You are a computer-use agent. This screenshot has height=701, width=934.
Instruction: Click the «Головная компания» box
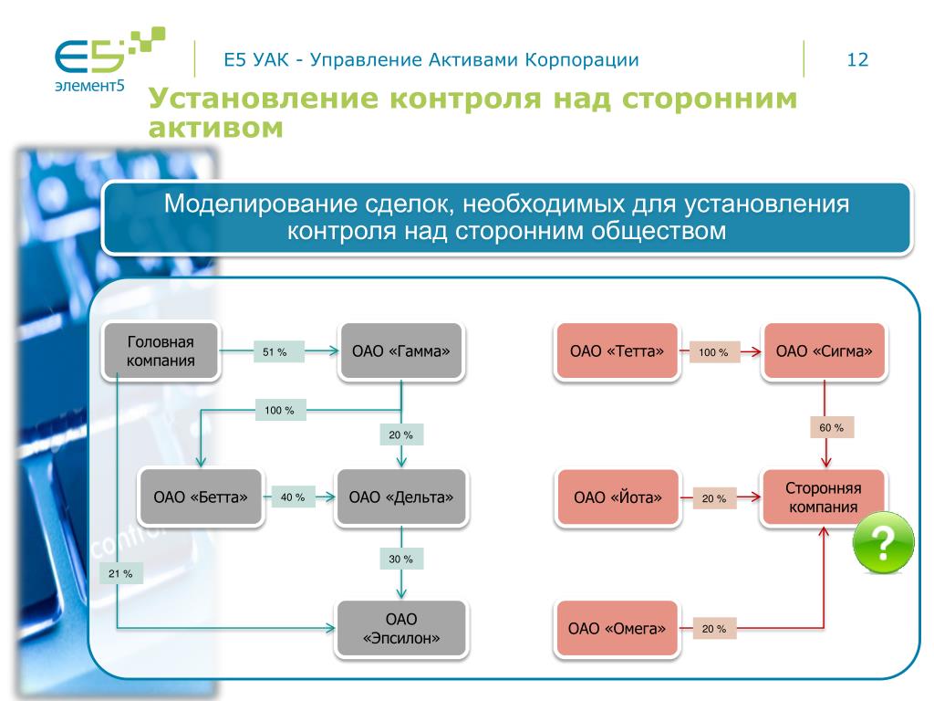coord(161,351)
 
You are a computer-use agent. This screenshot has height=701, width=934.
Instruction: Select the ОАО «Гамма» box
coord(401,351)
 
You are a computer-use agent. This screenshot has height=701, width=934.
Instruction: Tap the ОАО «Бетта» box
coord(201,497)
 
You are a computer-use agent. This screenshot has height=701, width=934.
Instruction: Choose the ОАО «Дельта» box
coord(401,497)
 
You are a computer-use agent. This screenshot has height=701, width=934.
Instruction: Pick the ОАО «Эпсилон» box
coord(401,629)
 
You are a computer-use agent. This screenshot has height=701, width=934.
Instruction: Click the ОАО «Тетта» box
coord(617,351)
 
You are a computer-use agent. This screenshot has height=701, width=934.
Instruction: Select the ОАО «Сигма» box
coord(825,351)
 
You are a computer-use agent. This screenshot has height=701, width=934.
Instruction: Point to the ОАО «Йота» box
coord(617,497)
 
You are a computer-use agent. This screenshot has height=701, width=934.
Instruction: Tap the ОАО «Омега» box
coord(617,629)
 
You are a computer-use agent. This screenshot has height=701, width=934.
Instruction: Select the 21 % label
coord(120,573)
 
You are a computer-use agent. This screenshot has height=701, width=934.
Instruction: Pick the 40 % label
coord(293,497)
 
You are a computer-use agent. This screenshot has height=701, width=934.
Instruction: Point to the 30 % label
coord(401,559)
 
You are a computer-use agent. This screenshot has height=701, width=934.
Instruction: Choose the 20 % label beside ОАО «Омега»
coord(714,629)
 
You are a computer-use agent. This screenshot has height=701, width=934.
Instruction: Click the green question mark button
coord(883,543)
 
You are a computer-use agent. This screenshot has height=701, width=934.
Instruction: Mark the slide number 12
coord(857,60)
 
